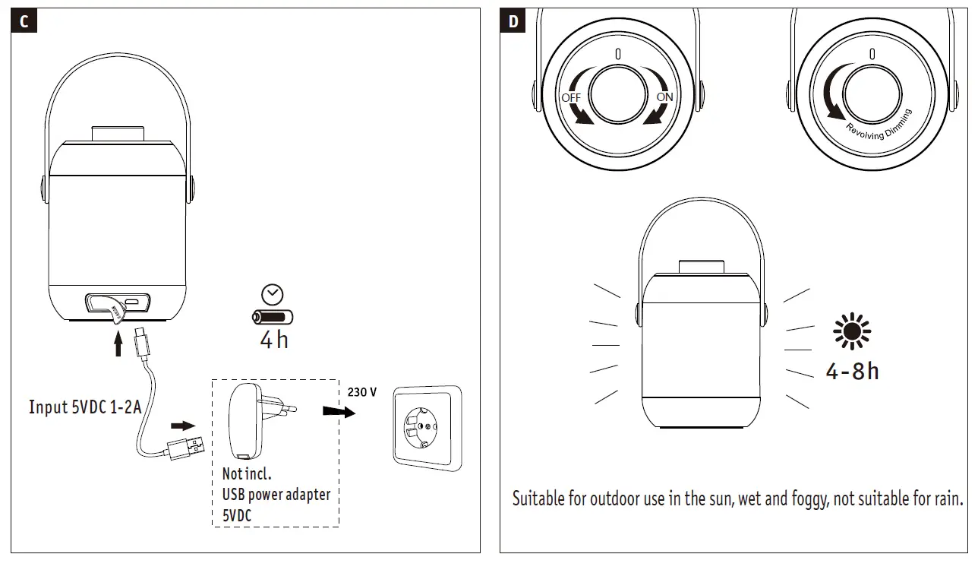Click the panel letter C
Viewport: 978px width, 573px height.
(24, 21)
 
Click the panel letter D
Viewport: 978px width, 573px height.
(513, 21)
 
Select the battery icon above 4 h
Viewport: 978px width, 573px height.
(273, 318)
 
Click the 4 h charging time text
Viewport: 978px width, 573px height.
(274, 340)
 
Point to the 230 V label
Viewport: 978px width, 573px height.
(362, 392)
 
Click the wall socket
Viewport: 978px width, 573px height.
(426, 426)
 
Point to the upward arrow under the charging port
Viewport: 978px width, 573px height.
(118, 346)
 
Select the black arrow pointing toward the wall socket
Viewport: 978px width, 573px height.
(339, 411)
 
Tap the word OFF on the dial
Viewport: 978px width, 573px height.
(570, 98)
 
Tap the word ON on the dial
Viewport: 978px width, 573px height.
(664, 97)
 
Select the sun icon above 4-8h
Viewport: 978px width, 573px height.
(852, 332)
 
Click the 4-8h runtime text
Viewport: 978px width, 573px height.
(852, 371)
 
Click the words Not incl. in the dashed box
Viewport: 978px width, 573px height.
(246, 474)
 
